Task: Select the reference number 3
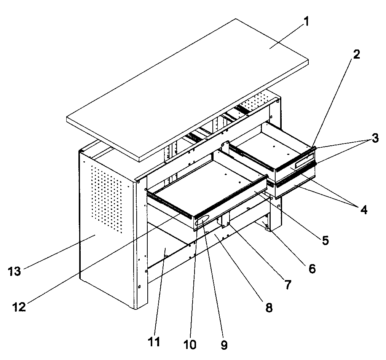pos(375,138)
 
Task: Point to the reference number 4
pos(364,210)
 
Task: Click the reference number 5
pos(325,241)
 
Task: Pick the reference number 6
pos(311,269)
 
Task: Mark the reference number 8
pos(269,307)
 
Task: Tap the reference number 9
pos(224,345)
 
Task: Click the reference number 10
pos(190,345)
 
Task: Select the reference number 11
pos(154,341)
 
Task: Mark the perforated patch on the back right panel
pos(258,101)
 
